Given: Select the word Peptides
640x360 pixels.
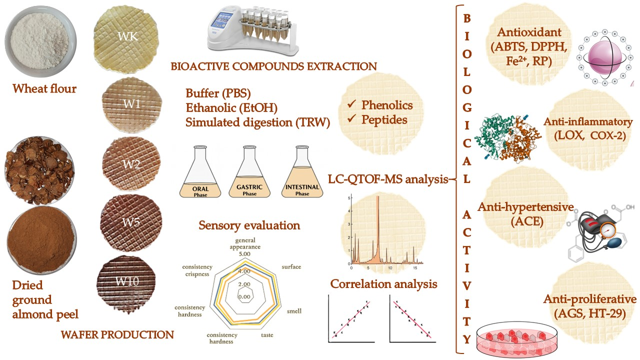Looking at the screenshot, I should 384,119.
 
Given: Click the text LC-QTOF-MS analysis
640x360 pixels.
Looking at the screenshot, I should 387,179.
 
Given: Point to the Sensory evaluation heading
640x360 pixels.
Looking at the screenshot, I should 249,225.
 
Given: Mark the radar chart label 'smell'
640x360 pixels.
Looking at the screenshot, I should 293,311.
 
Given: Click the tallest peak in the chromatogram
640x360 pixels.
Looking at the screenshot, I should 377,200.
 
